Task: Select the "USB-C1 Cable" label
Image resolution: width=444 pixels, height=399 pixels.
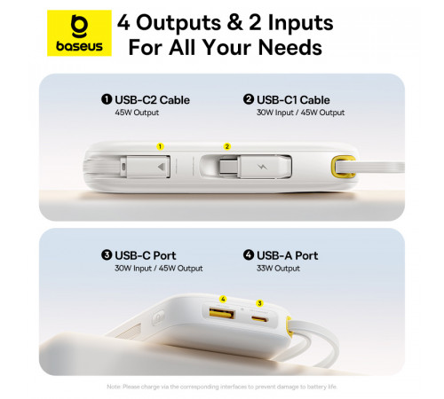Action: tap(287, 100)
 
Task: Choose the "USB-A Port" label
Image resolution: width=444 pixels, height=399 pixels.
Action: tap(283, 255)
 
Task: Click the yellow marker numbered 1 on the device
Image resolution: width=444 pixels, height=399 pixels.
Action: tap(161, 145)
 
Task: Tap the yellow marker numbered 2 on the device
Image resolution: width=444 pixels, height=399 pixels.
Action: tap(227, 145)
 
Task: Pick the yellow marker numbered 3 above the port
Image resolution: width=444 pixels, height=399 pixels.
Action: tap(259, 302)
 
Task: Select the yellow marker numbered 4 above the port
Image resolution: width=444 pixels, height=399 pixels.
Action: tap(222, 300)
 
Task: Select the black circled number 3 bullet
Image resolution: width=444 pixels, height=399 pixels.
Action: tap(107, 255)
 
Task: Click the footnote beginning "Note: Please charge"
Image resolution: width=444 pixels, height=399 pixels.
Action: tap(221, 386)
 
